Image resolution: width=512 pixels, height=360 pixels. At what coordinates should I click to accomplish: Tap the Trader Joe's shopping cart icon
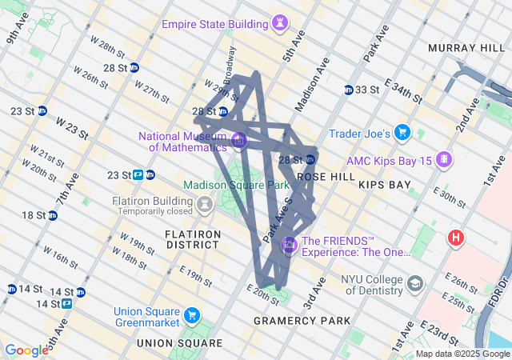(402, 133)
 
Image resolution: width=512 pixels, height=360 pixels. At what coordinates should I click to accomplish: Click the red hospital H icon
(456, 238)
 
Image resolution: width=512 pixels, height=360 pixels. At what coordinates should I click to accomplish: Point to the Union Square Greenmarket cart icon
(191, 314)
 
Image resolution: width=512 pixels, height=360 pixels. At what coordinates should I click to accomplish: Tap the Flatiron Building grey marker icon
(205, 206)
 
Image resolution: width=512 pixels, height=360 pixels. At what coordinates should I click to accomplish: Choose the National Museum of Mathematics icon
(238, 142)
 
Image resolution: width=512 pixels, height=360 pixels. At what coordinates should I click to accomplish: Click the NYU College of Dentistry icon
(414, 283)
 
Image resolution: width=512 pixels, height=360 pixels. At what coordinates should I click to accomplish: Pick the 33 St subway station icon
(349, 89)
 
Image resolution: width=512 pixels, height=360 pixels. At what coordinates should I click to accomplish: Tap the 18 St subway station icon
(52, 215)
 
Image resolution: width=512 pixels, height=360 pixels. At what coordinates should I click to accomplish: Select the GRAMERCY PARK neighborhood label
(302, 321)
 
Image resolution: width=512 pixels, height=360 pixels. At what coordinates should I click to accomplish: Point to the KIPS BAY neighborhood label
(385, 185)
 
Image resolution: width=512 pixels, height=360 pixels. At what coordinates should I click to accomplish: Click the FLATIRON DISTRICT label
(192, 239)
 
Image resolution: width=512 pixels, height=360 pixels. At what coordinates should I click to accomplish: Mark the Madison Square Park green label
(236, 185)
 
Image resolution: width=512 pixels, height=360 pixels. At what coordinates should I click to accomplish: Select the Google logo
(26, 350)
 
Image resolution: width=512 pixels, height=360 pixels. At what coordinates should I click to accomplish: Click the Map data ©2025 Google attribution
(462, 354)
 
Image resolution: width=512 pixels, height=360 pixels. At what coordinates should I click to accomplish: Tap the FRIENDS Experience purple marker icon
(289, 244)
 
